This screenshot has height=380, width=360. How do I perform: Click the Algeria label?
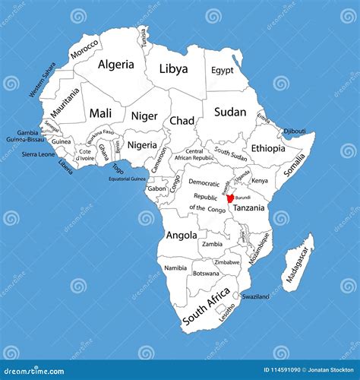(117, 65)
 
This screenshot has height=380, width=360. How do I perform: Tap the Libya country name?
(173, 68)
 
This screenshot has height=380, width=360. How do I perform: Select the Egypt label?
(223, 70)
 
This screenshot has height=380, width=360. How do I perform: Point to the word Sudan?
(230, 112)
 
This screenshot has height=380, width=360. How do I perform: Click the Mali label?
(100, 113)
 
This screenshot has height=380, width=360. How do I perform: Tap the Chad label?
(182, 121)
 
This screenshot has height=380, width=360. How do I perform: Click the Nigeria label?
(142, 144)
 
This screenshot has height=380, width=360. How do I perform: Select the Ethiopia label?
(268, 148)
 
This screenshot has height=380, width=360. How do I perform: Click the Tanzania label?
(248, 207)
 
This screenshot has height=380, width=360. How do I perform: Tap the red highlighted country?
(230, 198)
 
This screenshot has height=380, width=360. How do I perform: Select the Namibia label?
(175, 268)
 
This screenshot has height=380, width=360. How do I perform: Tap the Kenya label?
(260, 181)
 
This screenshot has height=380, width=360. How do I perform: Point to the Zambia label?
(213, 244)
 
